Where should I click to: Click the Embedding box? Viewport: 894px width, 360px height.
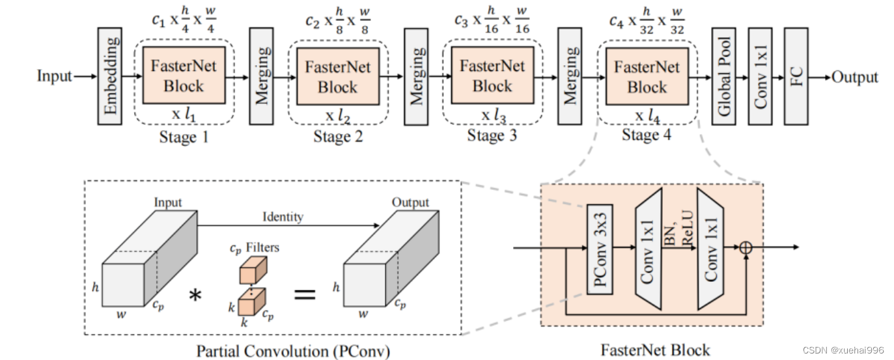pos(110,76)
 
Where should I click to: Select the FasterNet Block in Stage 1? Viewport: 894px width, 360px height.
pos(184,76)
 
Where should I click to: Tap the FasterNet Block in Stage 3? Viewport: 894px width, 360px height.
pos(492,76)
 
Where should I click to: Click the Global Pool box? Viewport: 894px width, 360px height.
pos(723,76)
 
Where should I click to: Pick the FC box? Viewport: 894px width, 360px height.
pos(796,76)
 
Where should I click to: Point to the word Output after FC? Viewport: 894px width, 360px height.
pos(855,77)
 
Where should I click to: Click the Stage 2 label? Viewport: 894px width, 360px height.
pos(338,137)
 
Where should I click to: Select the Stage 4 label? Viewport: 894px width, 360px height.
pos(647,135)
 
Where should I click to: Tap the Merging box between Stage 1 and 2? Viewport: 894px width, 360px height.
pos(261,76)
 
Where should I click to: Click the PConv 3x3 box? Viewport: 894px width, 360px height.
pos(600,249)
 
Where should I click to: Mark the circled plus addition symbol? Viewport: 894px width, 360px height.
pos(746,247)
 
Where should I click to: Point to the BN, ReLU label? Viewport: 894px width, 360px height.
pos(678,228)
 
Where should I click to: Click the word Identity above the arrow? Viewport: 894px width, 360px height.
pos(283,217)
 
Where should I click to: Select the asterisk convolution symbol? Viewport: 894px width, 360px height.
pos(195,296)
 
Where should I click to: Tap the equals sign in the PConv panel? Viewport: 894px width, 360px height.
pos(305,295)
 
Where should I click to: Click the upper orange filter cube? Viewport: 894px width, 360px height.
pos(253,270)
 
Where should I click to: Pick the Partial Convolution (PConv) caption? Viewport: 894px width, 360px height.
pos(294,352)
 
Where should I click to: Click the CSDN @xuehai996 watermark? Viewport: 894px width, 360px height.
pos(843,350)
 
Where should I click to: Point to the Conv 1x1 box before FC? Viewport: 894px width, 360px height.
pos(760,76)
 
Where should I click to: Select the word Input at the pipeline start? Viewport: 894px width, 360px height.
pos(54,76)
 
